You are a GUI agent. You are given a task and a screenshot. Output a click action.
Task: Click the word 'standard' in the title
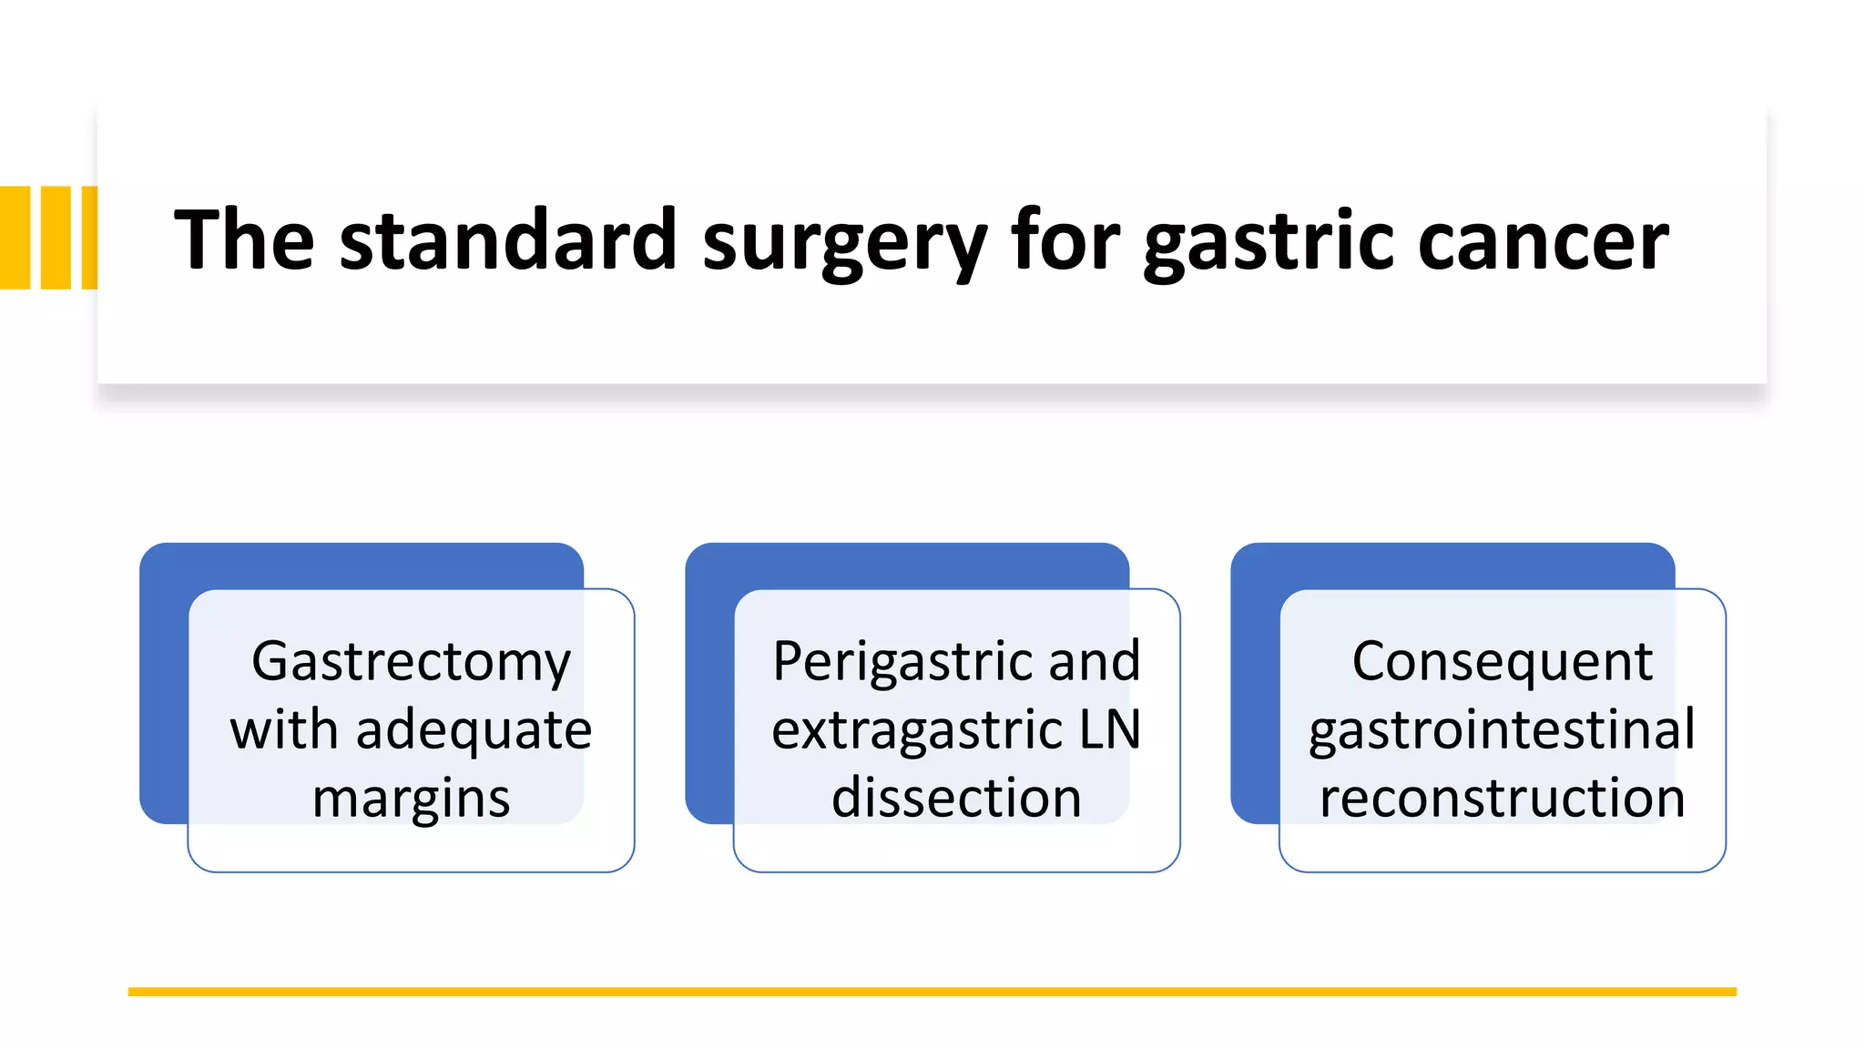(507, 239)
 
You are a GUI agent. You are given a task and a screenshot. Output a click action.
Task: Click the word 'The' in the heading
(244, 239)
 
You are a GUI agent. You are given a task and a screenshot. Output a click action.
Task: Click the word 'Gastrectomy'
(411, 662)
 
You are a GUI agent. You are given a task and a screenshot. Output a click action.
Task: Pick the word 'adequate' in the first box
(474, 731)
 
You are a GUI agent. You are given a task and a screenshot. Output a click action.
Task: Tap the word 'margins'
(411, 799)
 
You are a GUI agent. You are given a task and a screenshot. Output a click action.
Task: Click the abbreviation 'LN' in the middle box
(1110, 730)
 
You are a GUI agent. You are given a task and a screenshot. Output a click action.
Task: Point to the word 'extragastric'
(917, 730)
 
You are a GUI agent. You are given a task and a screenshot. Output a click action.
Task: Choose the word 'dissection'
(956, 799)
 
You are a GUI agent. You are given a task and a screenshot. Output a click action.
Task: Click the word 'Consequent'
(1502, 662)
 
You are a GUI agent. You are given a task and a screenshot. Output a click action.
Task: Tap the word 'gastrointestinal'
(1502, 730)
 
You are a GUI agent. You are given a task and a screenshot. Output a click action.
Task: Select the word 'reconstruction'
(1502, 799)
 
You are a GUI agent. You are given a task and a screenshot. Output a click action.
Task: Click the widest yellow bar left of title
(15, 238)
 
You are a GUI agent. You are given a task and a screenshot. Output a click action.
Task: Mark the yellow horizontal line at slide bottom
(932, 992)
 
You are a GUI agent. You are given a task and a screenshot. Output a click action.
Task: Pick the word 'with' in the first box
(284, 731)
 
